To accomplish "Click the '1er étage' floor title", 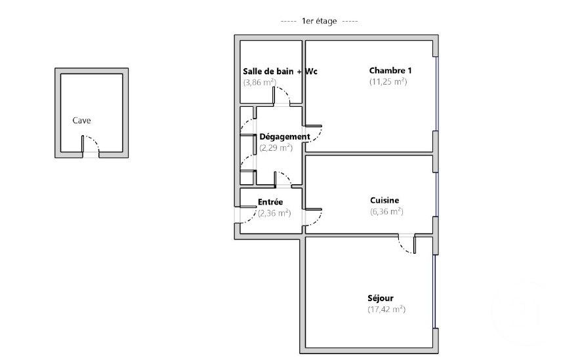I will coord(319,21).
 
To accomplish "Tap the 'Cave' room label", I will coord(82,121).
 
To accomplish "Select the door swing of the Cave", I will coord(91,146).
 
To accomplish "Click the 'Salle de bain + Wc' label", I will coord(280,71).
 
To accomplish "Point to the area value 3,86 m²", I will coord(259,82).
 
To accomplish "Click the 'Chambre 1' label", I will coord(390,71).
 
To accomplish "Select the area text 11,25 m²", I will coord(388,82).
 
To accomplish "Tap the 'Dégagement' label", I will coord(284,136).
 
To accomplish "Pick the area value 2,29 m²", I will coord(276,148).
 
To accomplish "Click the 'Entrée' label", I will coord(270,203).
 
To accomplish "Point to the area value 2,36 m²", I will coord(274,213).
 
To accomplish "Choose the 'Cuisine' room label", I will coord(384,201).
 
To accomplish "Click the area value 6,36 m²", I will coord(386,211).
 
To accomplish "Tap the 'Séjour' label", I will coord(381,298).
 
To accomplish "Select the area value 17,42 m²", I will coord(386,309).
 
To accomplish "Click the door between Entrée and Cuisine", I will coord(314,216).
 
